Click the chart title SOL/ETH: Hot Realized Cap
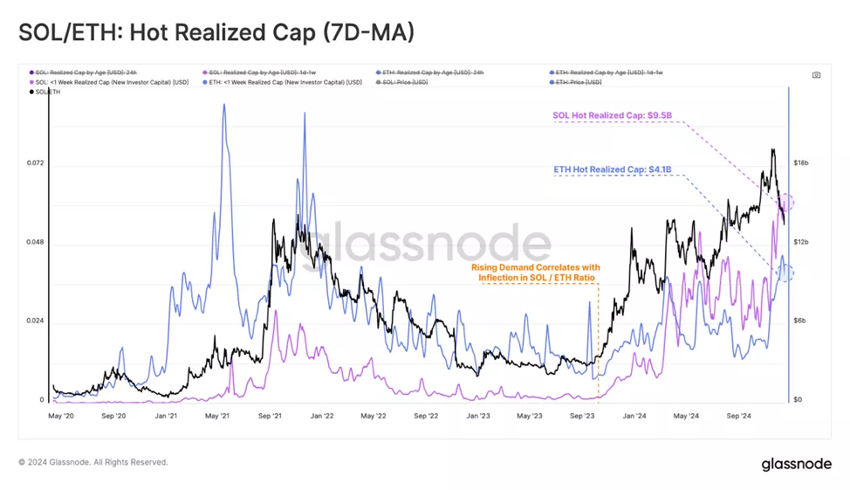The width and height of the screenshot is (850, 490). pos(216,32)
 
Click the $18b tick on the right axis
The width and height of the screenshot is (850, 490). pos(801,163)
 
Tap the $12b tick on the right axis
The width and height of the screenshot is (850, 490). pos(801,242)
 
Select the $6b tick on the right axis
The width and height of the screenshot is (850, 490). pos(801,321)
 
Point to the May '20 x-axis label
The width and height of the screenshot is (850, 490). pos(64,417)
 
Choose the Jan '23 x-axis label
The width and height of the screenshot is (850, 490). pos(478,417)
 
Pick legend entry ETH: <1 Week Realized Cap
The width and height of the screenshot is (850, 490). pos(281,82)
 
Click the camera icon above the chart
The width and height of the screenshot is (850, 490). pos(816,75)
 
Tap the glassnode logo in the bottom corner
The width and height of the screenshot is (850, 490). pos(796,463)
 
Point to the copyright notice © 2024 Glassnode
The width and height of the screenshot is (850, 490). pos(93,462)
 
